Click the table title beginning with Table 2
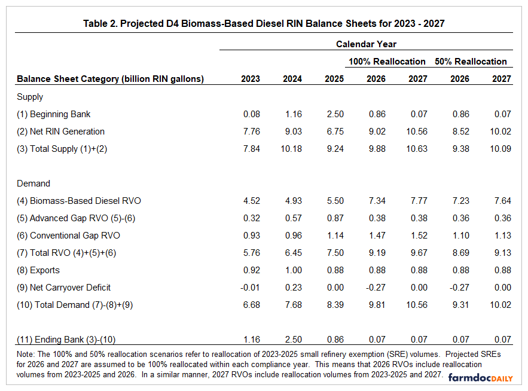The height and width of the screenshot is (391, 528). [x=264, y=24]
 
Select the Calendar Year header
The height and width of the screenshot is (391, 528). [x=366, y=44]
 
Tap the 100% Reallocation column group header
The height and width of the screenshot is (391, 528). [x=387, y=61]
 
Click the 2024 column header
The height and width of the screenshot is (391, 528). [x=292, y=79]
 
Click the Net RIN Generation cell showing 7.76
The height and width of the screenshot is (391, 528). [x=251, y=131]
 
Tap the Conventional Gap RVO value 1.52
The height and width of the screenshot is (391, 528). [x=418, y=236]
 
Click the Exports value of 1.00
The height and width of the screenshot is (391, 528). [x=292, y=270]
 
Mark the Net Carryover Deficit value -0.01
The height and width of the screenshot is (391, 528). [x=249, y=288]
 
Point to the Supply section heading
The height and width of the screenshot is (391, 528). [x=30, y=96]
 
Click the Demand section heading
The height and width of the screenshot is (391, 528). [x=33, y=184]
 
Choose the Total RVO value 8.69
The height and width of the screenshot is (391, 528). [x=460, y=253]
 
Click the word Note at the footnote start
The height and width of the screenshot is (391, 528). [x=26, y=354]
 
